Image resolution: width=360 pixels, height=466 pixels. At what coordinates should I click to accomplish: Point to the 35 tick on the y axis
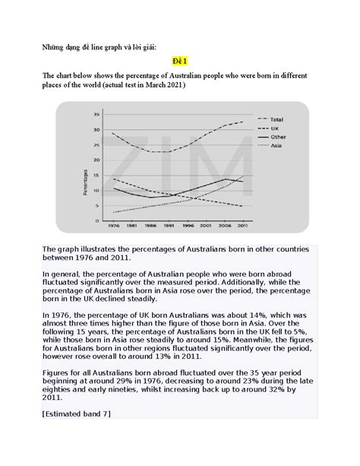(96, 115)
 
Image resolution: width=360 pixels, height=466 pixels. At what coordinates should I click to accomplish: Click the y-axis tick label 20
(96, 160)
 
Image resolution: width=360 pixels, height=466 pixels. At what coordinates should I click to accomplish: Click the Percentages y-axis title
(85, 182)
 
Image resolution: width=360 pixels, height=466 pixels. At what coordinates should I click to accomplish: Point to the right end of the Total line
(243, 122)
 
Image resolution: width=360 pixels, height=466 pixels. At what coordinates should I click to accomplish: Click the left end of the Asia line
(114, 213)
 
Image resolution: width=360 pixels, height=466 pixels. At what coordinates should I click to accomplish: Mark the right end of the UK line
(243, 206)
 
